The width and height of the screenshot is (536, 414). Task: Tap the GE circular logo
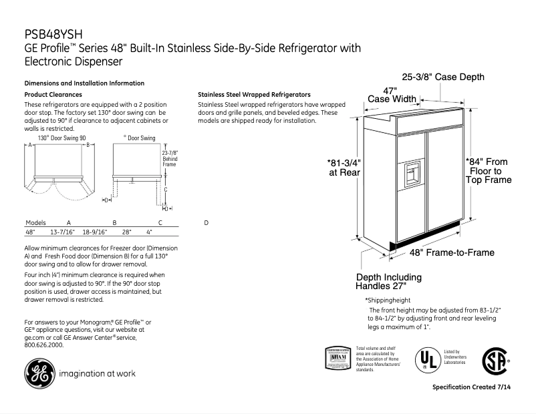(x=37, y=374)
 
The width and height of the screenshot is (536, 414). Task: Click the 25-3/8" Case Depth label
(x=442, y=77)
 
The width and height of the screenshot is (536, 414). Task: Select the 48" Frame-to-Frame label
(x=452, y=253)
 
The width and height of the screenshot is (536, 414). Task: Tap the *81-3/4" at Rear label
(x=344, y=167)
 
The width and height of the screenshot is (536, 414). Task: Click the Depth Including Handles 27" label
(x=388, y=282)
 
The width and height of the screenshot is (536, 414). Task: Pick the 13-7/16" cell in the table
(x=62, y=232)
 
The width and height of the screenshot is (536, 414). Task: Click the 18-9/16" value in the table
(x=94, y=232)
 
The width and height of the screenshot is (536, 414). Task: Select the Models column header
(x=36, y=222)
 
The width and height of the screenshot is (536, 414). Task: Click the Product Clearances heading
(x=53, y=95)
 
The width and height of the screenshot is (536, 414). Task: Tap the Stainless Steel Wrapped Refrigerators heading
(x=254, y=95)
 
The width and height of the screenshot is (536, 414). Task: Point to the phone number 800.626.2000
(x=44, y=345)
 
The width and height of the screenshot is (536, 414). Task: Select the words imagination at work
(x=97, y=374)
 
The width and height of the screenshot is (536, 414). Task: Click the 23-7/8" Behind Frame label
(x=170, y=158)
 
